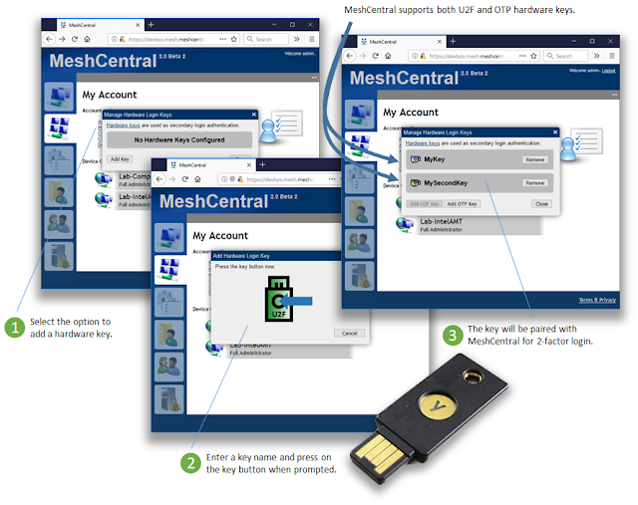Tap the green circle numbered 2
coord(190,463)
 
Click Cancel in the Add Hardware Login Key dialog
coord(348,333)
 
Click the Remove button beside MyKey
coord(534,159)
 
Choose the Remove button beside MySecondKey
coord(534,183)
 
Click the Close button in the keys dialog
coord(540,203)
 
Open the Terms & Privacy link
coord(600,299)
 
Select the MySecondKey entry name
coord(446,183)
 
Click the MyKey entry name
coord(435,159)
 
